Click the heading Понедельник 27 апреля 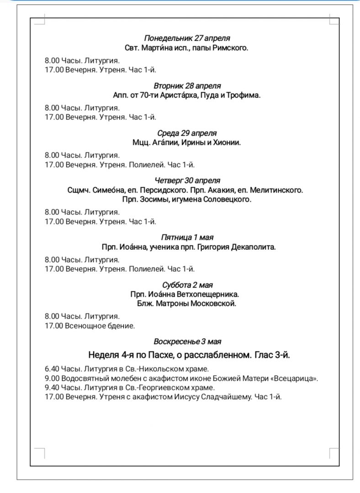pyautogui.click(x=187, y=38)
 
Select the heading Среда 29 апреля pyautogui.click(x=187, y=133)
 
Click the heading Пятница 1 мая pyautogui.click(x=187, y=237)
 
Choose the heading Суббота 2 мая pyautogui.click(x=187, y=285)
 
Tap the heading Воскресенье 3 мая pyautogui.click(x=188, y=341)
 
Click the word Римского pyautogui.click(x=231, y=47)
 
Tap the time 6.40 pyautogui.click(x=52, y=369)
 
